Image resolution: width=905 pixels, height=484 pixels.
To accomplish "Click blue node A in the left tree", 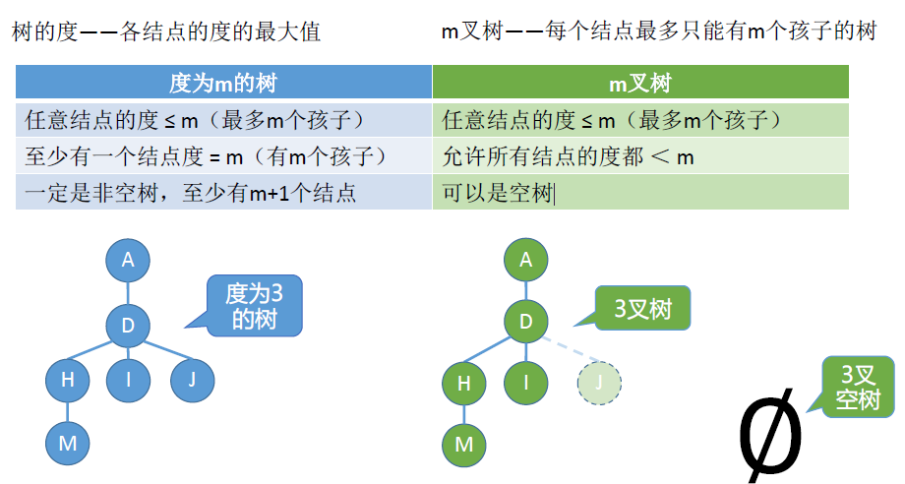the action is tap(128, 261).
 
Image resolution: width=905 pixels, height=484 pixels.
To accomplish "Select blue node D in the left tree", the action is tap(128, 326).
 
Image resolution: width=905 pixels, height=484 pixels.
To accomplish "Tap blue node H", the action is tap(68, 379).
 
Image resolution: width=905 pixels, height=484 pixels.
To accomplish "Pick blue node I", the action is tap(128, 379).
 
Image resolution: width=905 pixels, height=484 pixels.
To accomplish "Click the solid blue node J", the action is tap(192, 379).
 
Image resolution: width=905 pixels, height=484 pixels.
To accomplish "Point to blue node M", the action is tap(68, 443).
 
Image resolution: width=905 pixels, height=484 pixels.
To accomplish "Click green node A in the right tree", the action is tap(525, 260).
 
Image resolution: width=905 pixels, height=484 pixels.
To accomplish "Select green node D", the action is tap(525, 321).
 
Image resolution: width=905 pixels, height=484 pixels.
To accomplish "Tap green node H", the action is tap(464, 383).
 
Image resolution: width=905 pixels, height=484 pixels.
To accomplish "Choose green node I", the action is tap(525, 383).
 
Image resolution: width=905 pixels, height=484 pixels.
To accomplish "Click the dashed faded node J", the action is tap(600, 383).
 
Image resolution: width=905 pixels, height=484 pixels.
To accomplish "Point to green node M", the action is tap(464, 444).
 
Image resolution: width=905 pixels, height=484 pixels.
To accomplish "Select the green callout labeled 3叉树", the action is tap(643, 310).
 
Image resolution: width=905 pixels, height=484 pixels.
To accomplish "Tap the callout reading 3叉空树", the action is tap(859, 388).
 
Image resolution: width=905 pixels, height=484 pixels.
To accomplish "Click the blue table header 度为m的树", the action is tap(224, 84).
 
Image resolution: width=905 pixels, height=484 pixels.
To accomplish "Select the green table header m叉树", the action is tap(640, 84).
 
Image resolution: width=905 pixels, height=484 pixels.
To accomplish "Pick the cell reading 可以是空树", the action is tap(498, 193).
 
